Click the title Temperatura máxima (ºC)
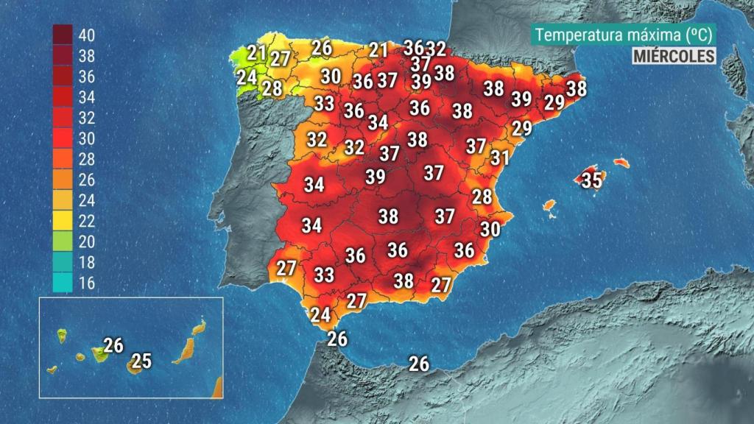tap(623, 35)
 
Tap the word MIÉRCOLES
tap(674, 55)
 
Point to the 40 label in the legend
tap(86, 35)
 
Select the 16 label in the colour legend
tap(86, 283)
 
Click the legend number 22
tap(86, 221)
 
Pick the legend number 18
tap(86, 262)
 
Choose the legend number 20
tap(86, 241)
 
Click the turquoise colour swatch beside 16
tap(62, 282)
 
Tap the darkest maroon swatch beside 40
tap(62, 34)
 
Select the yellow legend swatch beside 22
tap(62, 220)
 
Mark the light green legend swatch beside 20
tap(62, 241)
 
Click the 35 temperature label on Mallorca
tap(591, 180)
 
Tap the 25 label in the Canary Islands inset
tap(141, 361)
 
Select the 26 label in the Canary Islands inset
tap(113, 344)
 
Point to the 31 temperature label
tap(500, 157)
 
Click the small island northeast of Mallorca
tap(621, 162)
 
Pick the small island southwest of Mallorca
tap(549, 206)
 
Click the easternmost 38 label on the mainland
tap(577, 88)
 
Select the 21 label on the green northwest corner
tap(256, 52)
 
